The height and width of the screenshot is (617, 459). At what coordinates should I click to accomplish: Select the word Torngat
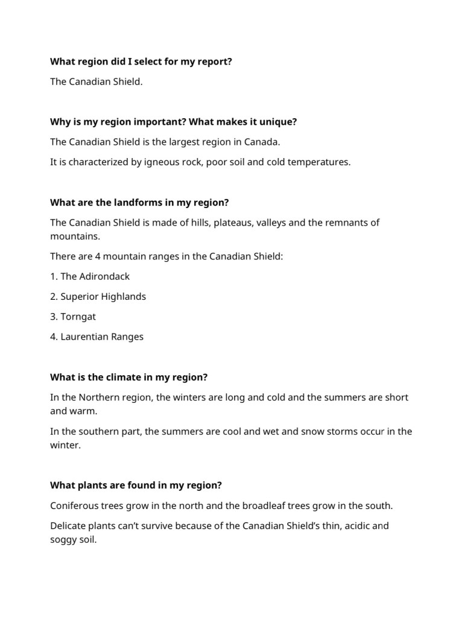pyautogui.click(x=78, y=317)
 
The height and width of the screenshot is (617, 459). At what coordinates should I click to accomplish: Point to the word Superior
pyautogui.click(x=79, y=297)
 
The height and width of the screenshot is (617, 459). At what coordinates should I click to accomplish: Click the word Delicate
pyautogui.click(x=69, y=526)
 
